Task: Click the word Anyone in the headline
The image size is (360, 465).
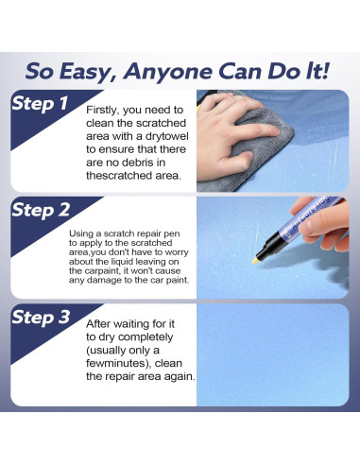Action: [x=167, y=72]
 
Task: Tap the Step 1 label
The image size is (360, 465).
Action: [x=40, y=103]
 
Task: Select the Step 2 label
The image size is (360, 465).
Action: [x=41, y=210]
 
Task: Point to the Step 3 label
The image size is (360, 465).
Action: [x=41, y=317]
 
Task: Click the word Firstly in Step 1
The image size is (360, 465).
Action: [x=103, y=110]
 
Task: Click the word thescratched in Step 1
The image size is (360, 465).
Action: [x=119, y=176]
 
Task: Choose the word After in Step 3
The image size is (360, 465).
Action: [x=98, y=324]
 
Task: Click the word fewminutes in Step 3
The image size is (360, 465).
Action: [x=117, y=363]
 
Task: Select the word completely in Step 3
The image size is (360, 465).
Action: [x=146, y=337]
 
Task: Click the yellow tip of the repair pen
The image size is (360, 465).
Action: [x=255, y=261]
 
